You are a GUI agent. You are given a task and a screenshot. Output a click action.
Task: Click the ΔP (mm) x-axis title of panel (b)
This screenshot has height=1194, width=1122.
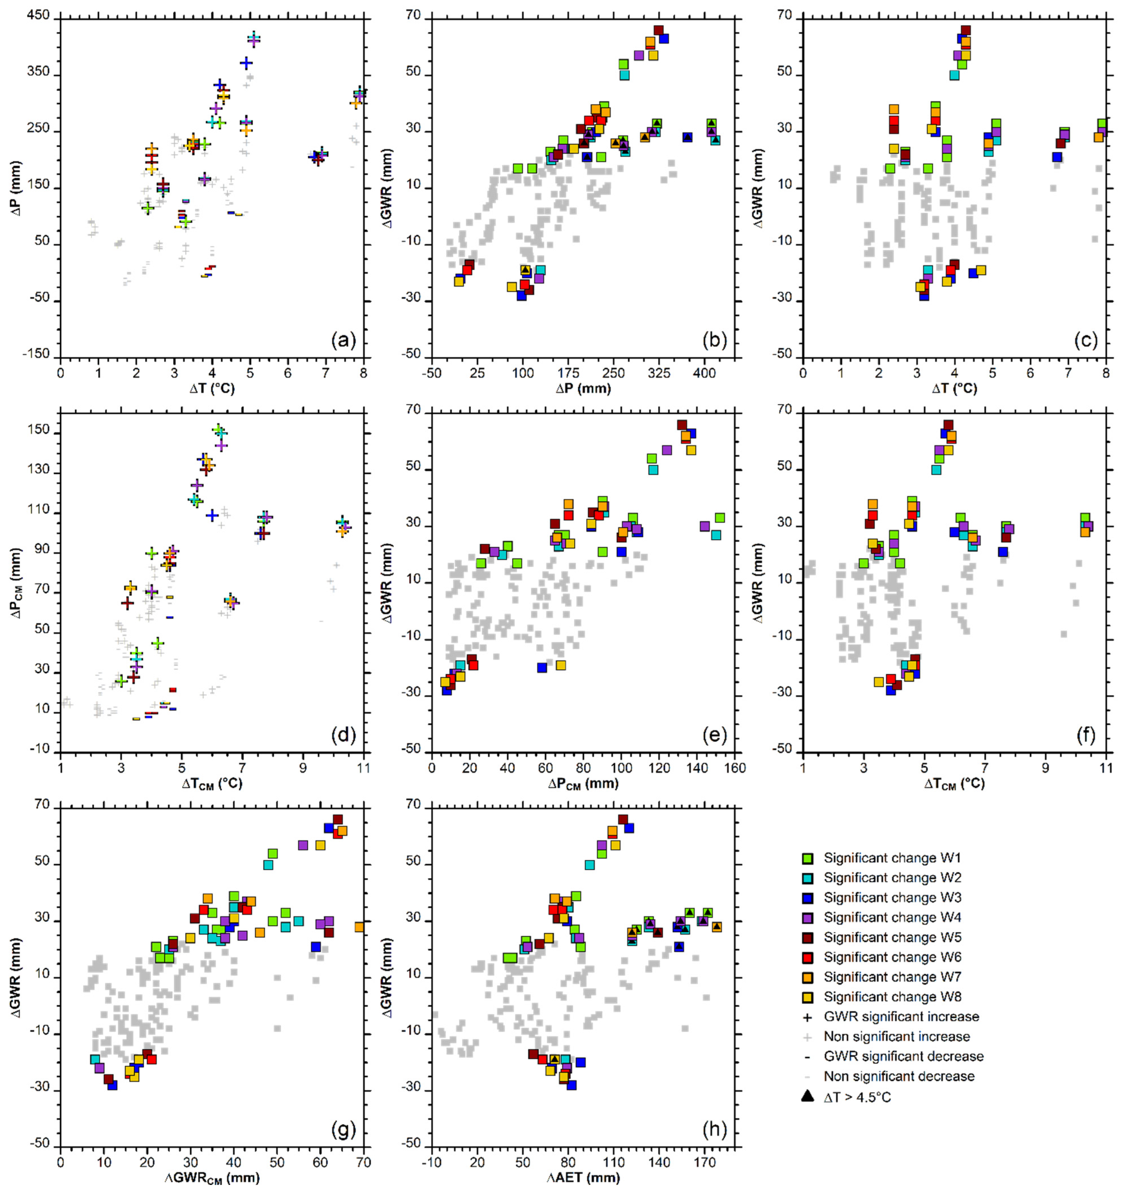[583, 389]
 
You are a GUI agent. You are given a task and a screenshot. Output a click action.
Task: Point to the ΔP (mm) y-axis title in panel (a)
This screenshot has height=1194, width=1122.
[17, 188]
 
